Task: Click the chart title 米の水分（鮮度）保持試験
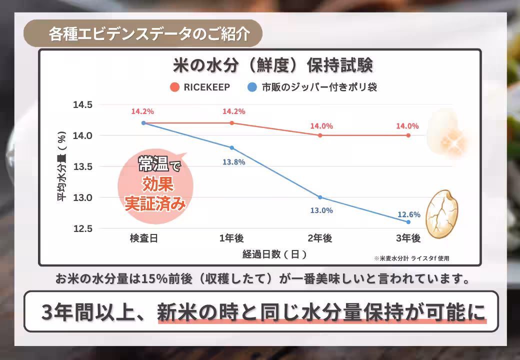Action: tap(272, 66)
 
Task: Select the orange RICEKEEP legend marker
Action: tap(174, 87)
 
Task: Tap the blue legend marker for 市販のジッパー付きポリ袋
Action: tap(252, 87)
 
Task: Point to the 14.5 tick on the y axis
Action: tap(83, 105)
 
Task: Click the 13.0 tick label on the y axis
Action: tap(83, 197)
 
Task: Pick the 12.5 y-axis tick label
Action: tap(83, 228)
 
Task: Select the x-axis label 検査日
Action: tap(143, 238)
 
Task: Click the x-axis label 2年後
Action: tap(320, 238)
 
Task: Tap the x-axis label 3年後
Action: tap(408, 238)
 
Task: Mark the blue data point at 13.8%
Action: tap(232, 147)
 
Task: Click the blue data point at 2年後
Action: tap(320, 197)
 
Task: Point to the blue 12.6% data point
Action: tap(408, 222)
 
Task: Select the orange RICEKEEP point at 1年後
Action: tap(232, 123)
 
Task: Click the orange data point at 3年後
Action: tap(408, 135)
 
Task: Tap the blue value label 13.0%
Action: tap(321, 210)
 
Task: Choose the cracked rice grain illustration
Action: tap(442, 209)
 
